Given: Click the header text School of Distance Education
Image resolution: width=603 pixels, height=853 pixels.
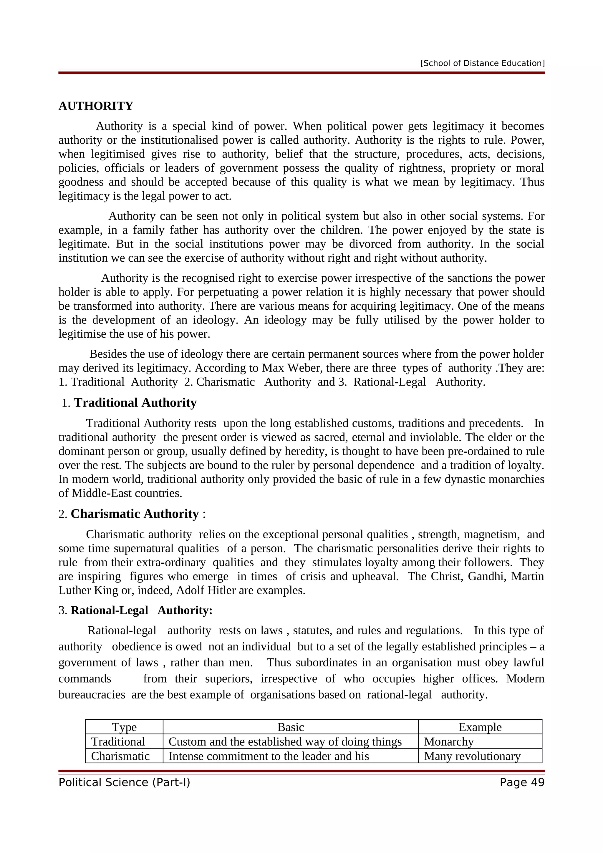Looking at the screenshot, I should click(x=482, y=63).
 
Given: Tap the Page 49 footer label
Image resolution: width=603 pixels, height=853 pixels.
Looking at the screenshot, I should click(x=522, y=782).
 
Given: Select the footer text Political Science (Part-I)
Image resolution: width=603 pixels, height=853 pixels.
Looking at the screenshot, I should click(x=124, y=782).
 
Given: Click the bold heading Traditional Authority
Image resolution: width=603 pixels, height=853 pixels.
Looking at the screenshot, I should click(x=135, y=403).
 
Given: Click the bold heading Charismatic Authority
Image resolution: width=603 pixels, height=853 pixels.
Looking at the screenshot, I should click(x=135, y=514).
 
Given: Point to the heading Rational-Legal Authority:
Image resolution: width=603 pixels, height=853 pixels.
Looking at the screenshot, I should click(x=141, y=610).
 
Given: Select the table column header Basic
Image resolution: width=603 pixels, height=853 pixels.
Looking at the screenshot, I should click(x=291, y=727).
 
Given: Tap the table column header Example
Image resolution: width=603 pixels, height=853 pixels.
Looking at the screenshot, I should click(x=480, y=727).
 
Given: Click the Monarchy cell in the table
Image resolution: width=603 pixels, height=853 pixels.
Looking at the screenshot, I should click(x=449, y=741).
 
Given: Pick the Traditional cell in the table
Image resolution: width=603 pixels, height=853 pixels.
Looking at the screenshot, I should click(x=118, y=741).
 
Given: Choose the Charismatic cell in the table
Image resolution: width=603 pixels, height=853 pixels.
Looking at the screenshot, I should click(x=120, y=756).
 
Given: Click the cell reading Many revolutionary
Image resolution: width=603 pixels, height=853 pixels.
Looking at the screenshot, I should click(x=472, y=756).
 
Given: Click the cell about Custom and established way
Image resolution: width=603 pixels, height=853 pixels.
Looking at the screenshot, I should click(x=285, y=741).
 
